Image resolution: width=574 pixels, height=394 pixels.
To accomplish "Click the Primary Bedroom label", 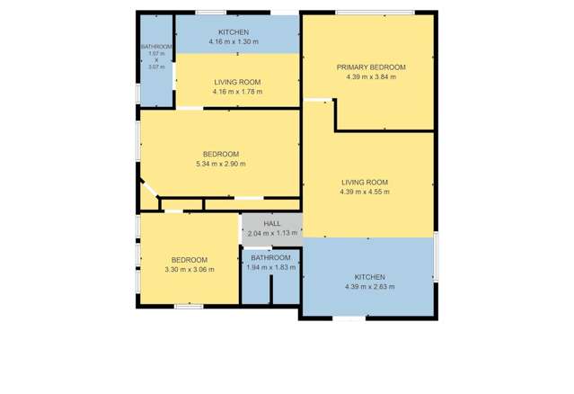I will click(370, 67).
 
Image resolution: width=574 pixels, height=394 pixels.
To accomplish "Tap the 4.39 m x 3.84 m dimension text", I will click(370, 77).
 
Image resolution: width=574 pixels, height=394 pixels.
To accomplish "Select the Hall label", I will click(272, 224).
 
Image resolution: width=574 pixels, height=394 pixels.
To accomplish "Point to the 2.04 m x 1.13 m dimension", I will click(272, 234).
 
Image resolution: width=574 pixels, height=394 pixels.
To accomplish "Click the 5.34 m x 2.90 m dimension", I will click(220, 164).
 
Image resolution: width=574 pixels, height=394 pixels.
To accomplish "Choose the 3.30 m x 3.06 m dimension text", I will click(190, 270).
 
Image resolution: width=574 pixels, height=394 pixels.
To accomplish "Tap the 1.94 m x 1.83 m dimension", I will click(270, 268).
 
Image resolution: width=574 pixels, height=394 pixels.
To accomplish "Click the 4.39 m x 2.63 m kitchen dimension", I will click(369, 287).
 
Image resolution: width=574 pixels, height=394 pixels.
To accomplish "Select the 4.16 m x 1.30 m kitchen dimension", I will click(233, 42).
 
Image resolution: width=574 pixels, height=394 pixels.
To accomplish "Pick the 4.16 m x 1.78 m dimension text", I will click(237, 91).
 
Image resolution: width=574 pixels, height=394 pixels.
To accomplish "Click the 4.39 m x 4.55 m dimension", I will click(369, 192).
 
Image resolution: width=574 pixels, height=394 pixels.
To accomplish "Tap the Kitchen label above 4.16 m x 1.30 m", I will click(233, 32).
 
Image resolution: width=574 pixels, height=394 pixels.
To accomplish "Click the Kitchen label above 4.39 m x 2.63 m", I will click(369, 277).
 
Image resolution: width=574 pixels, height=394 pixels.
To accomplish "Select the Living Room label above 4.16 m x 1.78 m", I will click(237, 81).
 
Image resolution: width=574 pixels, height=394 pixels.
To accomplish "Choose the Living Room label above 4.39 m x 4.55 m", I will click(369, 182).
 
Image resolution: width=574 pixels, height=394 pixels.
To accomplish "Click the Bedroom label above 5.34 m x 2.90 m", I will click(220, 154).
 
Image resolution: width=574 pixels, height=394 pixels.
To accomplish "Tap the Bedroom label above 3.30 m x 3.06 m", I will click(190, 260).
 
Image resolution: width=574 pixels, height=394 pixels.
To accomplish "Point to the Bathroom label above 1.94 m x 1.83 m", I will click(270, 258).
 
